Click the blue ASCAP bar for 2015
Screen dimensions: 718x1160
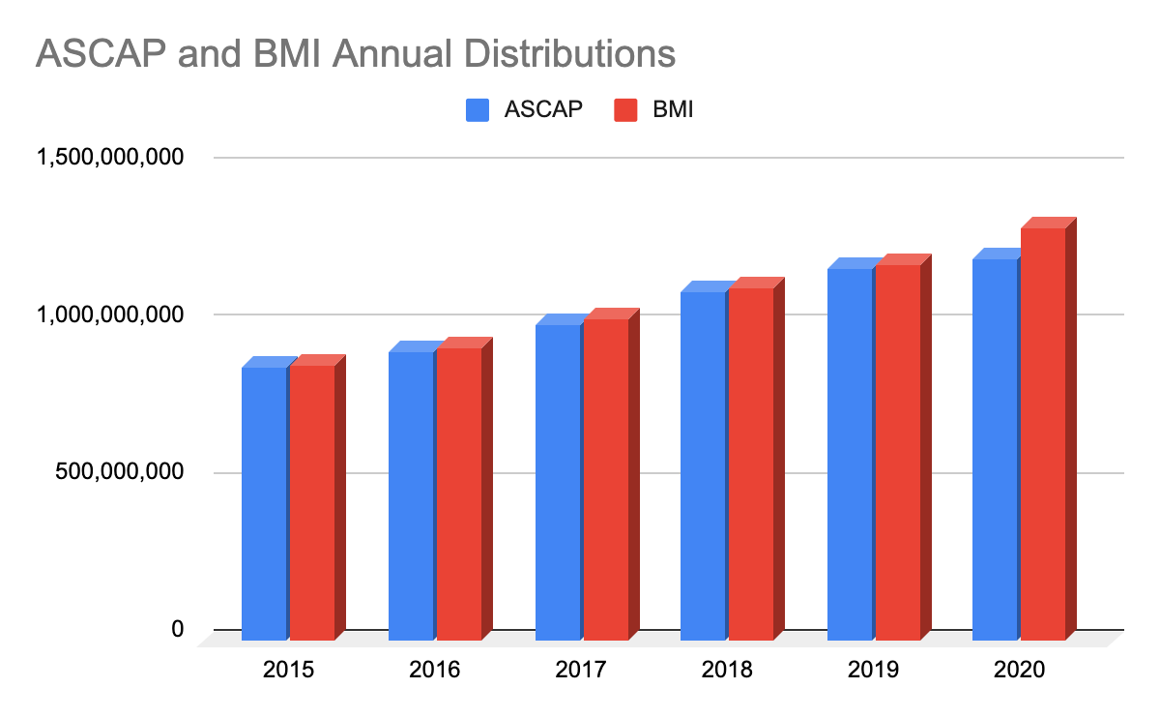click(x=264, y=503)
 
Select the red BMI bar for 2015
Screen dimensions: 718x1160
click(x=312, y=503)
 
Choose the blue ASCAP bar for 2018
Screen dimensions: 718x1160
click(x=703, y=465)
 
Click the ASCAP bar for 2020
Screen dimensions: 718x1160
click(x=995, y=449)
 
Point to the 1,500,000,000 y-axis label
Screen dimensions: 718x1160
click(x=109, y=158)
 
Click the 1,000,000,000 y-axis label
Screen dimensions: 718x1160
click(x=109, y=314)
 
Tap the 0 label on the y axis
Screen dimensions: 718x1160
click(x=177, y=629)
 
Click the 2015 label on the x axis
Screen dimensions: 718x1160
click(x=288, y=670)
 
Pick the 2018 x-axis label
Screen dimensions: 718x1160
click(x=727, y=670)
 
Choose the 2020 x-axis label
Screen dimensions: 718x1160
click(x=1019, y=670)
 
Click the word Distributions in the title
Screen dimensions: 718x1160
click(x=560, y=53)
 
